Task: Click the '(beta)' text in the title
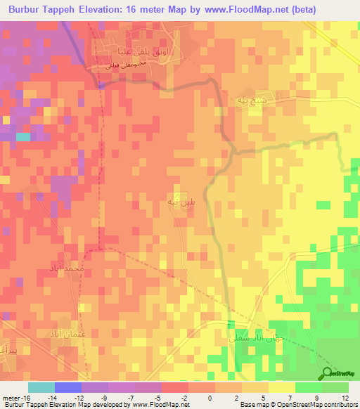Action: click(x=301, y=10)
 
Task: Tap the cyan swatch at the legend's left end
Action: click(x=41, y=387)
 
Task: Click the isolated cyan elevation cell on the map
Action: click(x=23, y=137)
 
